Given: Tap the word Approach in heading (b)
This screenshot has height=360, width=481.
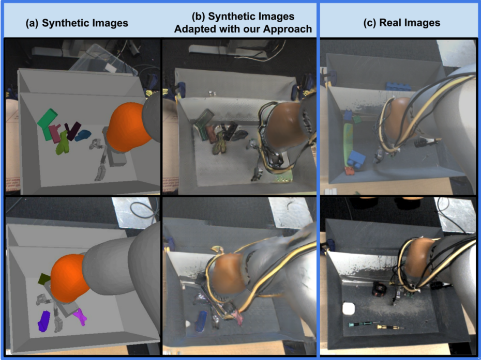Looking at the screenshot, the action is coord(288,29).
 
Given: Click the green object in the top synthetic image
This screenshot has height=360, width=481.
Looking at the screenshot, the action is coord(47,124).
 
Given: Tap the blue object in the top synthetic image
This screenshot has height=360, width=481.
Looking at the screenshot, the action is coord(83,135).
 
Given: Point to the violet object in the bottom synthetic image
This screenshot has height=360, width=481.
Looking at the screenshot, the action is coord(44,321).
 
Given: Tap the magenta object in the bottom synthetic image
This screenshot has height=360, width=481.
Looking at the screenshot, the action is coord(80,316).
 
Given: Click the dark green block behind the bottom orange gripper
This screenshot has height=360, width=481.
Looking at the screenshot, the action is coord(44,278).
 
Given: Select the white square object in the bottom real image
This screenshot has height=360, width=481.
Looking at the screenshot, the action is coord(349,308).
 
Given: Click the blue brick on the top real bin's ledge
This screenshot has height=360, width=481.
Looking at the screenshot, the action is coord(398,86).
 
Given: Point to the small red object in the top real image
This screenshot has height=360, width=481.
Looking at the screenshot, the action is coord(350,170).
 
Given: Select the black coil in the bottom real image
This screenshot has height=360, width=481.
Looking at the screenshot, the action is coord(380,289).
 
